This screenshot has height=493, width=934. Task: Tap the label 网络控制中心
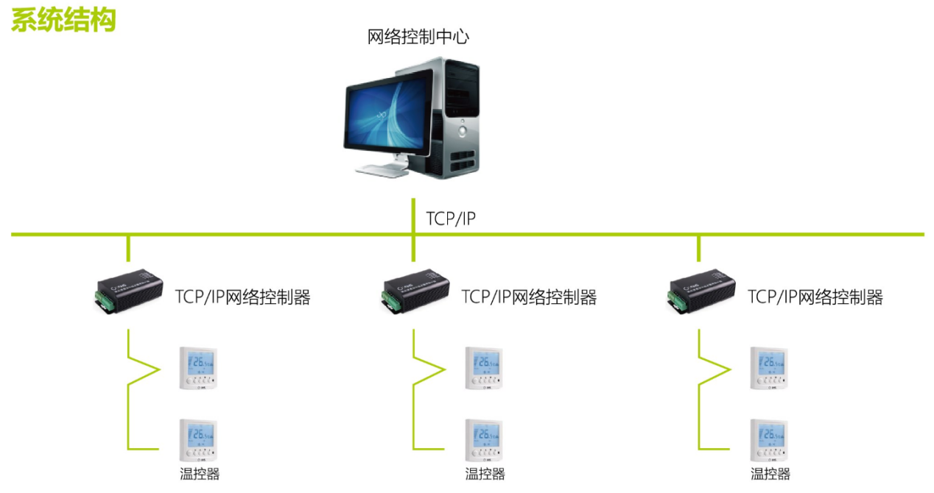[418, 38]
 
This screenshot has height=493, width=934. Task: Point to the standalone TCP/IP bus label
[451, 219]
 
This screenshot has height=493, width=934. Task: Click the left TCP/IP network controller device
[130, 292]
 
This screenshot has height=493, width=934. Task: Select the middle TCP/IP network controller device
[415, 292]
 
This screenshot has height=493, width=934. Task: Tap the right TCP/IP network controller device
[701, 292]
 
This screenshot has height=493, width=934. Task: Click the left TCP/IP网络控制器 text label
[242, 297]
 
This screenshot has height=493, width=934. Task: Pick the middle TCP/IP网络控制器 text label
[529, 297]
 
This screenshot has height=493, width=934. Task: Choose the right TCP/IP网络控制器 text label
[815, 297]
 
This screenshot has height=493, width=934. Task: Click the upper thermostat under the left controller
[199, 368]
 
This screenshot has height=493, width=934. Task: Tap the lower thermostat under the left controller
[199, 440]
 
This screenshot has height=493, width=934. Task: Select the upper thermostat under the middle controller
[484, 368]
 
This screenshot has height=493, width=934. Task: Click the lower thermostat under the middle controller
[484, 440]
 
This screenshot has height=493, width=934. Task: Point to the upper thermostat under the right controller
[770, 368]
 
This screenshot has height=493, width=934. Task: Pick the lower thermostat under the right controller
[770, 440]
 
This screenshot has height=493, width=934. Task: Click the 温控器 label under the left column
[200, 475]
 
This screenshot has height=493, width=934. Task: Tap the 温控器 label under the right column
[770, 475]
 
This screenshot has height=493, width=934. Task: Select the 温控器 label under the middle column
[485, 475]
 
